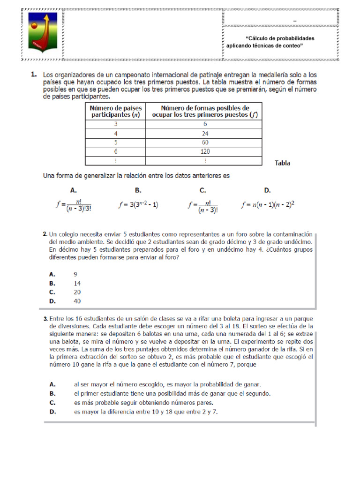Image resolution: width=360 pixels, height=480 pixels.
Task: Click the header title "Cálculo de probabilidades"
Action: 280,38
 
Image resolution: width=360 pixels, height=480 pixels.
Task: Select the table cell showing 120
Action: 205,151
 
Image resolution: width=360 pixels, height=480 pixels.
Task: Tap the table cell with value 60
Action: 205,142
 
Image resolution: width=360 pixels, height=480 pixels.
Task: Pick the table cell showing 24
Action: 205,134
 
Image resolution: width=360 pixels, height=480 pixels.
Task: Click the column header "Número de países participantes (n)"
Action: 115,111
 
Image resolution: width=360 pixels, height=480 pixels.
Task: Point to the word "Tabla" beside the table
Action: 282,163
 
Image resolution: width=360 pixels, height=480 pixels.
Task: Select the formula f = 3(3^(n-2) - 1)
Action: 138,205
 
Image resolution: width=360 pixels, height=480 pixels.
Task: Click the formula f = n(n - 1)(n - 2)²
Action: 268,205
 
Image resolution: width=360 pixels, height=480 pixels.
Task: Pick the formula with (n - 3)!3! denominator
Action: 73,205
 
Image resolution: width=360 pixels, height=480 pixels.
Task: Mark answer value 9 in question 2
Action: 75,274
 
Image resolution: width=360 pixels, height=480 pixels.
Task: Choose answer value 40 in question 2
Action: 77,301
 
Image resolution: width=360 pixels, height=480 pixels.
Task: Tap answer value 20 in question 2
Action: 77,292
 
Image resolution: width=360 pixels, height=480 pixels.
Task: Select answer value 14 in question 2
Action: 77,283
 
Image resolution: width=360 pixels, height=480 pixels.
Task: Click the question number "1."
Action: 34,75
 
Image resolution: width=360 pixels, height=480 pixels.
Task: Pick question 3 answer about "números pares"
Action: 143,403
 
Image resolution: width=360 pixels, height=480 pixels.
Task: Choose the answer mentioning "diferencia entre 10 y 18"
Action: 146,412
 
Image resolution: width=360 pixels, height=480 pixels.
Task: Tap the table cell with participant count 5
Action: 115,142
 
